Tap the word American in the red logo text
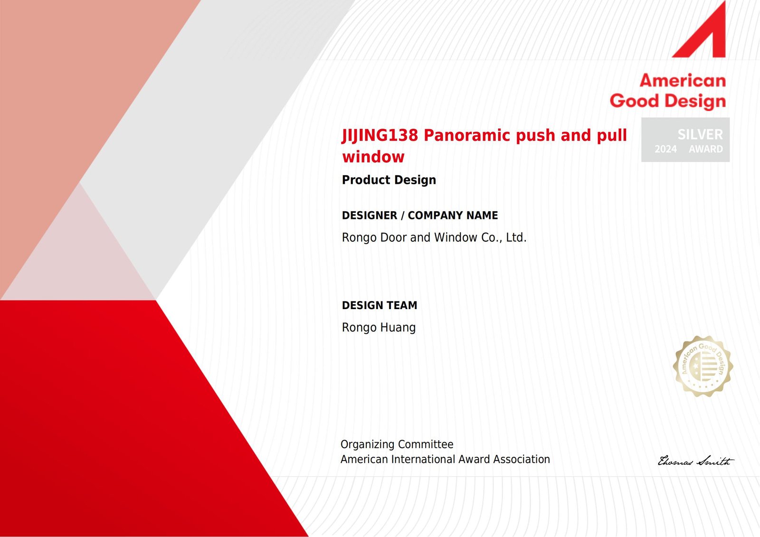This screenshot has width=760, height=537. coord(683,81)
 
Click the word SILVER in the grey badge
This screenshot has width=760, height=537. coord(700,134)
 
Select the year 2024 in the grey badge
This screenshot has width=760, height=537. coord(665,149)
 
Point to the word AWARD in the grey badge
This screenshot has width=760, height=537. coord(706,149)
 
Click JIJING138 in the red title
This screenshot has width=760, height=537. coord(380,135)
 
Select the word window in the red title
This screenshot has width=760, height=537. coord(373,157)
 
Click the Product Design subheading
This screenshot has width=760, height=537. coord(389,180)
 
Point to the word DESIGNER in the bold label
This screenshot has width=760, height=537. coord(370,216)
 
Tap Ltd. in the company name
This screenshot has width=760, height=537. coord(516,237)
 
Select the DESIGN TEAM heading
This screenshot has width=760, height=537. coord(380,305)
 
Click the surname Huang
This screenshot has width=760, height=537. coord(398,328)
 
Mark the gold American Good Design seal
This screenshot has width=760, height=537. coord(703,367)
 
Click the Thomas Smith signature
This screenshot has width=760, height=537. coord(695,461)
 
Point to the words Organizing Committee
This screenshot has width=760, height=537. coord(397,444)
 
